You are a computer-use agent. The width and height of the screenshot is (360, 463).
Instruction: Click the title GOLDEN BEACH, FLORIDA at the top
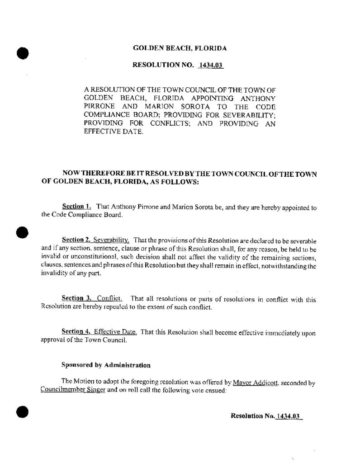[179, 48]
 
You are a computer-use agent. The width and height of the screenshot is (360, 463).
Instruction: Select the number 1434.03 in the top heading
[211, 66]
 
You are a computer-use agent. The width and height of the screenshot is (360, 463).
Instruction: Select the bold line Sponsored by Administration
[105, 364]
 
